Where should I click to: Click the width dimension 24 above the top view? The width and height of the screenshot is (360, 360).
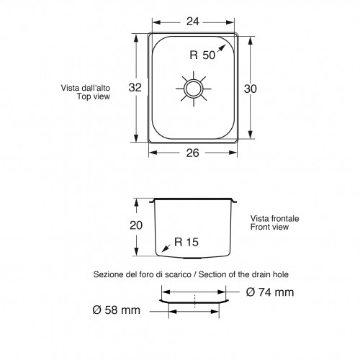[x=192, y=21]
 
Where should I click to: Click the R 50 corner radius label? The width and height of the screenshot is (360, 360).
[x=203, y=53]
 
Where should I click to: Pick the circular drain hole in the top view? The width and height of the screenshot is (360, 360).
[x=194, y=89]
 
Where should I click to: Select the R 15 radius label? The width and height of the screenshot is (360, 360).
[x=186, y=243]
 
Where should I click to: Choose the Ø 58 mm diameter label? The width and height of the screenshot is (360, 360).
[x=117, y=311]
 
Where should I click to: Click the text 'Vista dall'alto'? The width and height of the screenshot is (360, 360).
[x=86, y=89]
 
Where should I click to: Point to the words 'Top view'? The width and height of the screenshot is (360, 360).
[x=93, y=96]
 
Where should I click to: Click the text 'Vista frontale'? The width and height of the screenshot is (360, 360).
[x=274, y=217]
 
